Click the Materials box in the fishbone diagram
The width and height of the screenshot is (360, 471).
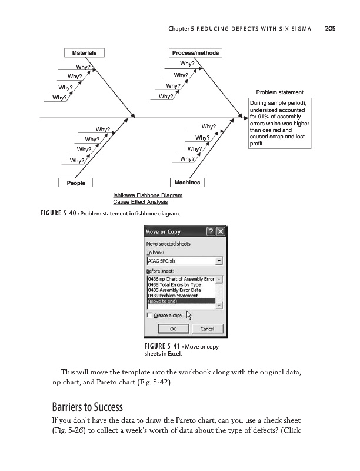pos(84,52)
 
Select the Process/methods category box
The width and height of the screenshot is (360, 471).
pos(195,53)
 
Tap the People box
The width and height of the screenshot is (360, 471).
pos(76,183)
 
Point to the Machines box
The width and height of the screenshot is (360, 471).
pos(187,183)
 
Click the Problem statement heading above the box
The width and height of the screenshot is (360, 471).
pos(279,92)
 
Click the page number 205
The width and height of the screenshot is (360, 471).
pos(329,28)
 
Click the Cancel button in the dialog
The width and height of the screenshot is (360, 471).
pos(207,329)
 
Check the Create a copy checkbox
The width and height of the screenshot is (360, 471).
pos(149,316)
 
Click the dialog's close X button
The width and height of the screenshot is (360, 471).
pos(221,231)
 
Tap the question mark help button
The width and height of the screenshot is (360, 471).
pos(211,231)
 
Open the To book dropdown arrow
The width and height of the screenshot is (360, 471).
pos(219,261)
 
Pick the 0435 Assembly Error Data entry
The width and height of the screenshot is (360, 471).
pos(174,290)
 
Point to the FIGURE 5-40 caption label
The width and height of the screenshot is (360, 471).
pos(57,213)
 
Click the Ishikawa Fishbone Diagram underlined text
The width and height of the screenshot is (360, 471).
pos(147,195)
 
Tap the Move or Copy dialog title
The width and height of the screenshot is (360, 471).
pos(164,231)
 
